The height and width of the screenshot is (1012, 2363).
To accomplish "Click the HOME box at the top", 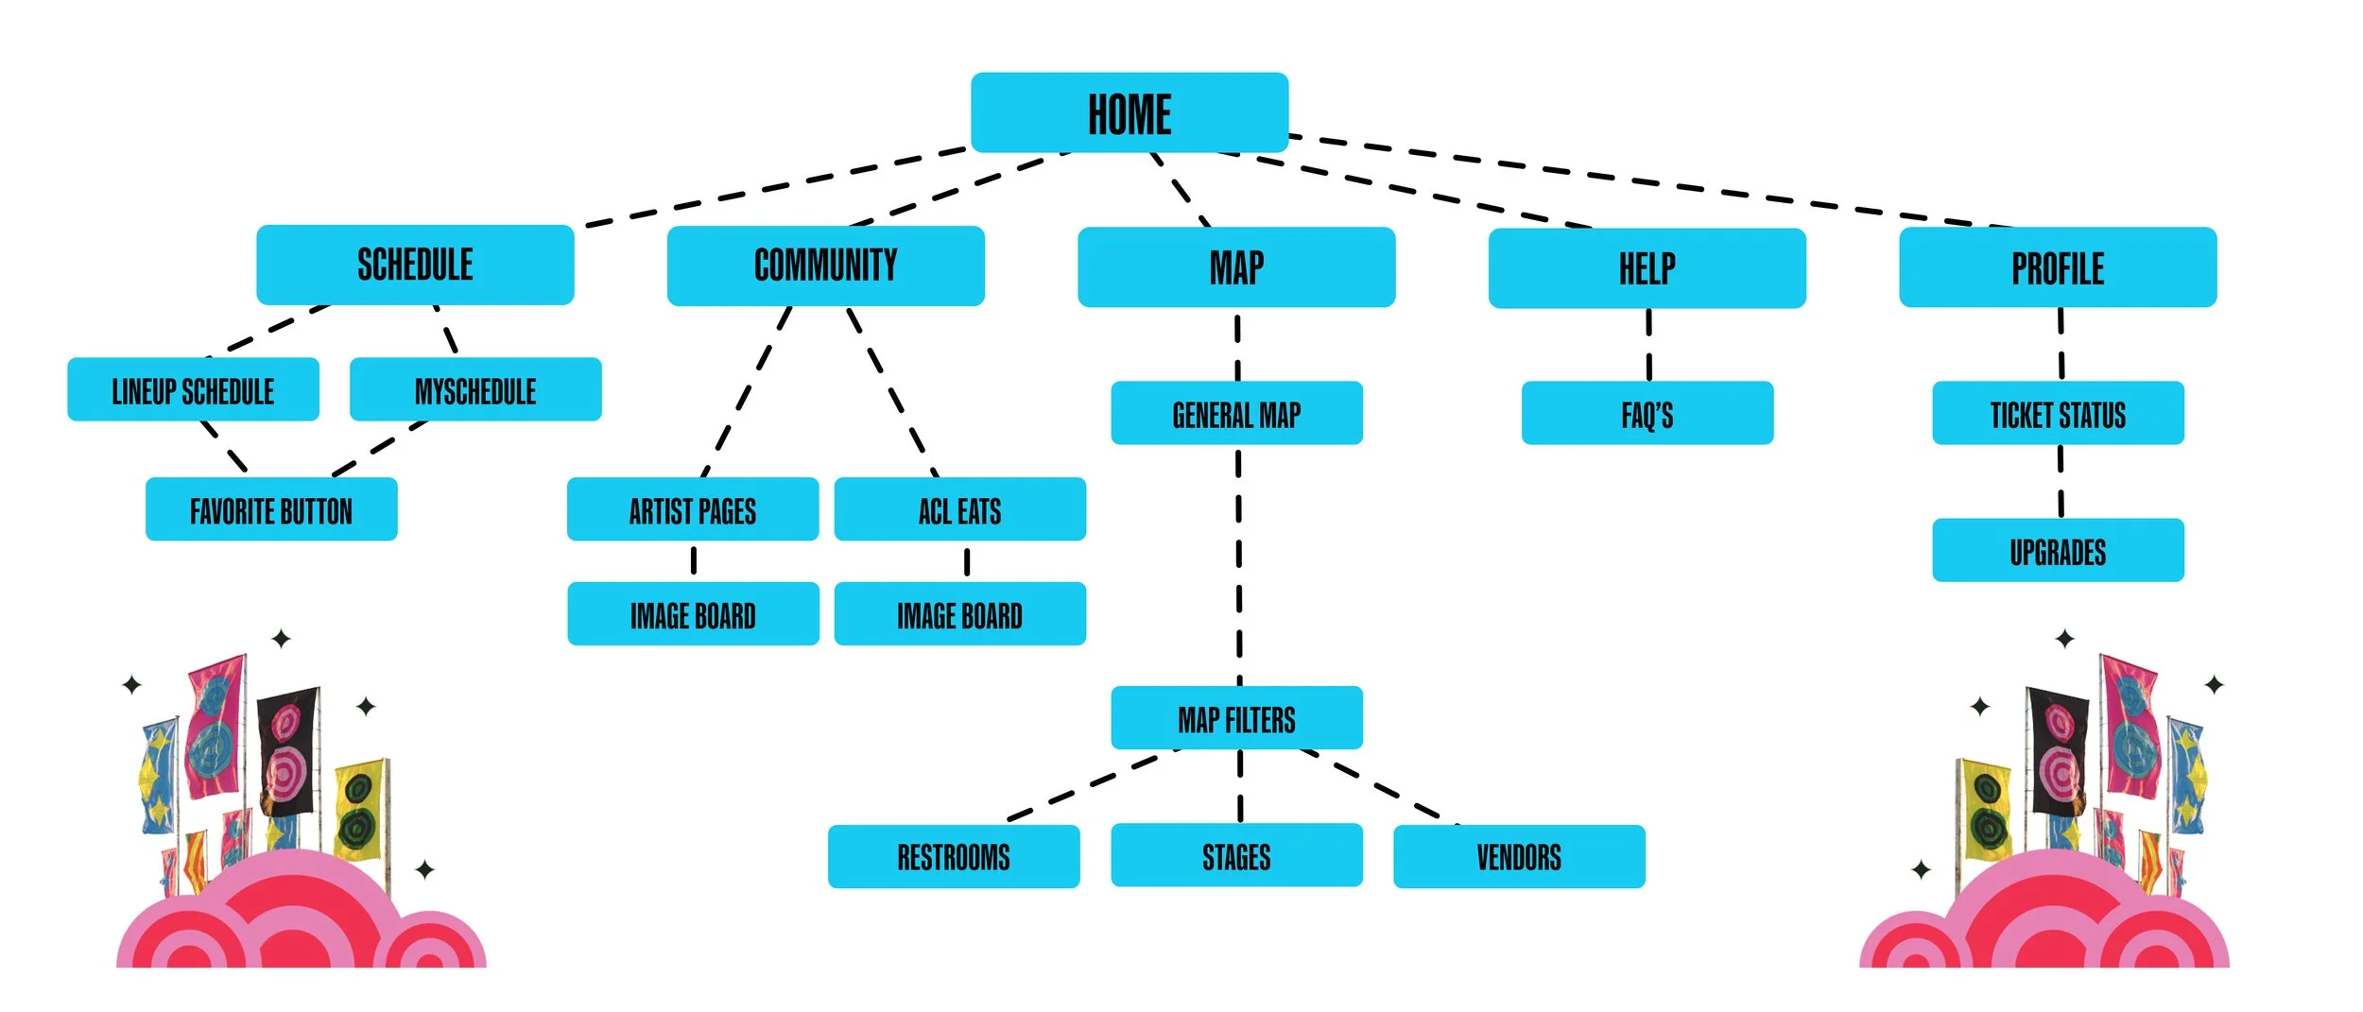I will pos(1129,112).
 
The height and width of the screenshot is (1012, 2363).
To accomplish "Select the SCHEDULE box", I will pos(415,265).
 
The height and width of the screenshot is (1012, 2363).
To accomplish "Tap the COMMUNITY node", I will pos(825,266).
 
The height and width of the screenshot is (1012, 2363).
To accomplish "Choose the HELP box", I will pos(1647,268).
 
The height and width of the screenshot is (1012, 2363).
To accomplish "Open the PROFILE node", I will pos(2057,267).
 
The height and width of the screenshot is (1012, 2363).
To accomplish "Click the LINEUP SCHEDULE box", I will pos(193,389).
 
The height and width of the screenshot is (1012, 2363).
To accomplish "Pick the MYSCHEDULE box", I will pos(474,389).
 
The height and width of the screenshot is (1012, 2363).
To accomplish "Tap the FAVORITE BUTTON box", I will pos(270,509).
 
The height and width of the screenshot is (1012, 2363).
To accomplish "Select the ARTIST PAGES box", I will pos(692,509).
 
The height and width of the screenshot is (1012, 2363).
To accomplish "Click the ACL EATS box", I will pos(959,509).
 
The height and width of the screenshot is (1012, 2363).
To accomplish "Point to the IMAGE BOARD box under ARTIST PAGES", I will pos(693,614).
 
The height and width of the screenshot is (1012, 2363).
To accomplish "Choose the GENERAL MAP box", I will pos(1236,413).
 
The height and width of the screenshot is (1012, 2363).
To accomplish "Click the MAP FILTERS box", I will pos(1236,718).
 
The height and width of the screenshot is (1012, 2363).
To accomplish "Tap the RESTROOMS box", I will pos(953,856).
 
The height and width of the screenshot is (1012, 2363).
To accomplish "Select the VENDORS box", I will pos(1518,856).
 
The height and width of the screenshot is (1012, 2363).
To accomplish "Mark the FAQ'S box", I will pos(1647,413).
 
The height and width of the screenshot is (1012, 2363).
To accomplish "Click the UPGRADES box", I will pos(2057,550).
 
